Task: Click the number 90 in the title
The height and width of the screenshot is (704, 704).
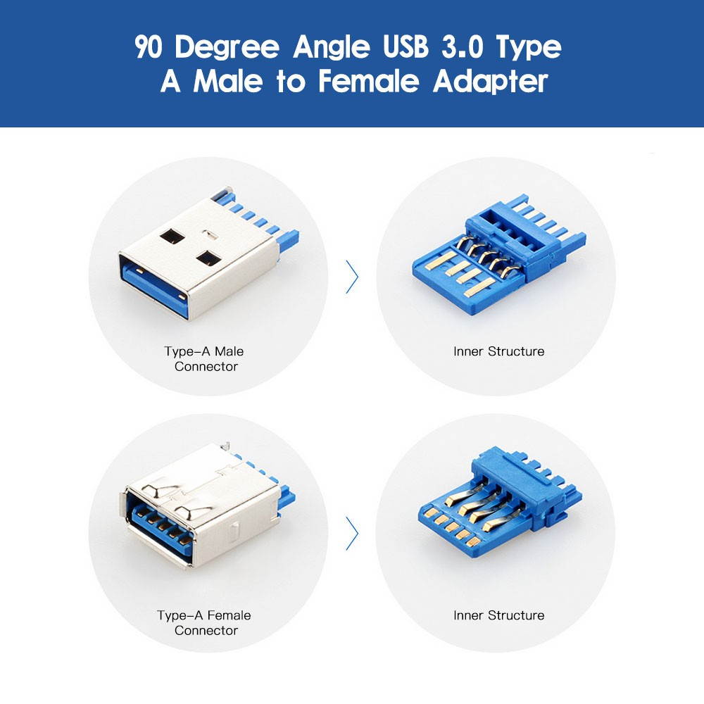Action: [x=150, y=48]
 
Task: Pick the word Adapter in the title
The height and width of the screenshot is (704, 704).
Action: [x=490, y=82]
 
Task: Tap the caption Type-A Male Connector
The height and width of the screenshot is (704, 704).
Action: [x=205, y=358]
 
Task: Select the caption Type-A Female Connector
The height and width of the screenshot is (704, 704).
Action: [x=205, y=622]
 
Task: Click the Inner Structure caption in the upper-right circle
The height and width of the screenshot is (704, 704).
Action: [x=498, y=351]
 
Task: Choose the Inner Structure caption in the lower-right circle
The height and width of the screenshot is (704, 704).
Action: [x=498, y=615]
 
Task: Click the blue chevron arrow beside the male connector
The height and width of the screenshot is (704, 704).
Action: [x=352, y=277]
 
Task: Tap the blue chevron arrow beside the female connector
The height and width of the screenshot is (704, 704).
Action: [x=352, y=534]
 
